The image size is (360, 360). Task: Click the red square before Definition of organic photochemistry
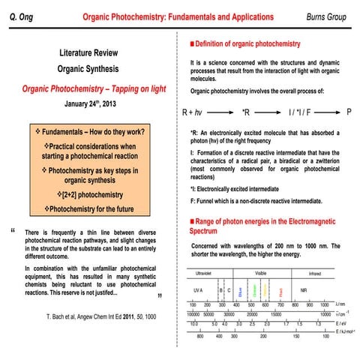tap(193, 44)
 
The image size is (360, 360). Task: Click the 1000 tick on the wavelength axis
tap(325, 305)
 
